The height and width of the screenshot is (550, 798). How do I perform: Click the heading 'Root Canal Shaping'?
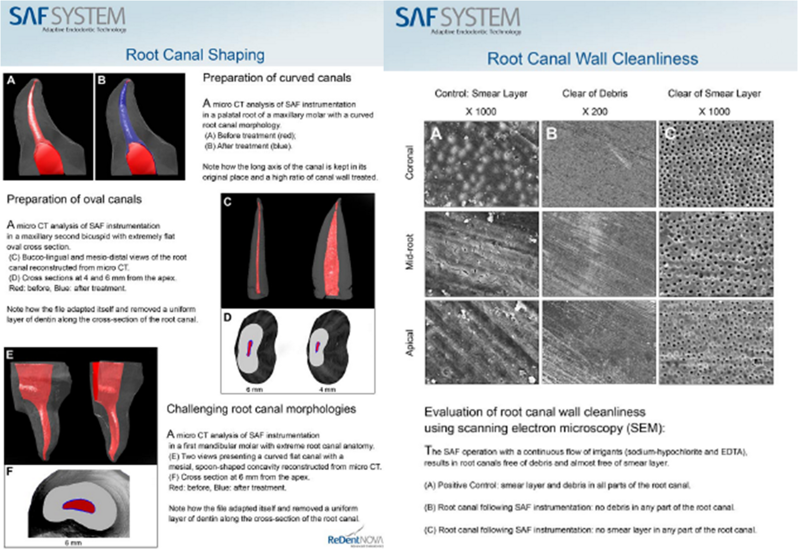click(x=195, y=55)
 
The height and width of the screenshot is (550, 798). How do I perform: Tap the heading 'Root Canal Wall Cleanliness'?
click(x=593, y=59)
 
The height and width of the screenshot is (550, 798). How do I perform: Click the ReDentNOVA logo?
click(x=355, y=539)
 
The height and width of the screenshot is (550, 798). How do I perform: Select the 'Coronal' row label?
click(x=410, y=163)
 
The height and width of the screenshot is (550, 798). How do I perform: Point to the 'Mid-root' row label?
click(x=410, y=252)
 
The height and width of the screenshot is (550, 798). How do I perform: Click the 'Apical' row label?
click(x=410, y=343)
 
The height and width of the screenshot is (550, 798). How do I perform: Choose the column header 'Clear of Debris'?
click(x=595, y=94)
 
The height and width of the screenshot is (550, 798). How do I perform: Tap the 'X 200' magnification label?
click(x=595, y=112)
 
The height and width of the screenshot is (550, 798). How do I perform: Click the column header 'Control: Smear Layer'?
click(x=481, y=94)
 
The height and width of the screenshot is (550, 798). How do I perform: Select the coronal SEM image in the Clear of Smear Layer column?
click(x=716, y=164)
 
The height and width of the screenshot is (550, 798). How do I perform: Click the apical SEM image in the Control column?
click(x=481, y=342)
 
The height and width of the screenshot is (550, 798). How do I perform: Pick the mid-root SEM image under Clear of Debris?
click(x=598, y=254)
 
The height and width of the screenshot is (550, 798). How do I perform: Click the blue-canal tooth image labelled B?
click(x=140, y=127)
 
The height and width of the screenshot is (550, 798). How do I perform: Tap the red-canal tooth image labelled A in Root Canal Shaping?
click(x=48, y=127)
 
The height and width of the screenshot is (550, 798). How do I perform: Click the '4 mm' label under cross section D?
click(x=327, y=389)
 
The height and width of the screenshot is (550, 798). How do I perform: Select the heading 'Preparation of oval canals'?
click(x=74, y=199)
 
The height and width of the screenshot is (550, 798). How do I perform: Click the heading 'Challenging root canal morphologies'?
click(x=261, y=409)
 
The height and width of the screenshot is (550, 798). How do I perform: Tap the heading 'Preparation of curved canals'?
click(x=277, y=78)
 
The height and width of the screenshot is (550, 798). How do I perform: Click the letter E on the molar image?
click(x=10, y=355)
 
